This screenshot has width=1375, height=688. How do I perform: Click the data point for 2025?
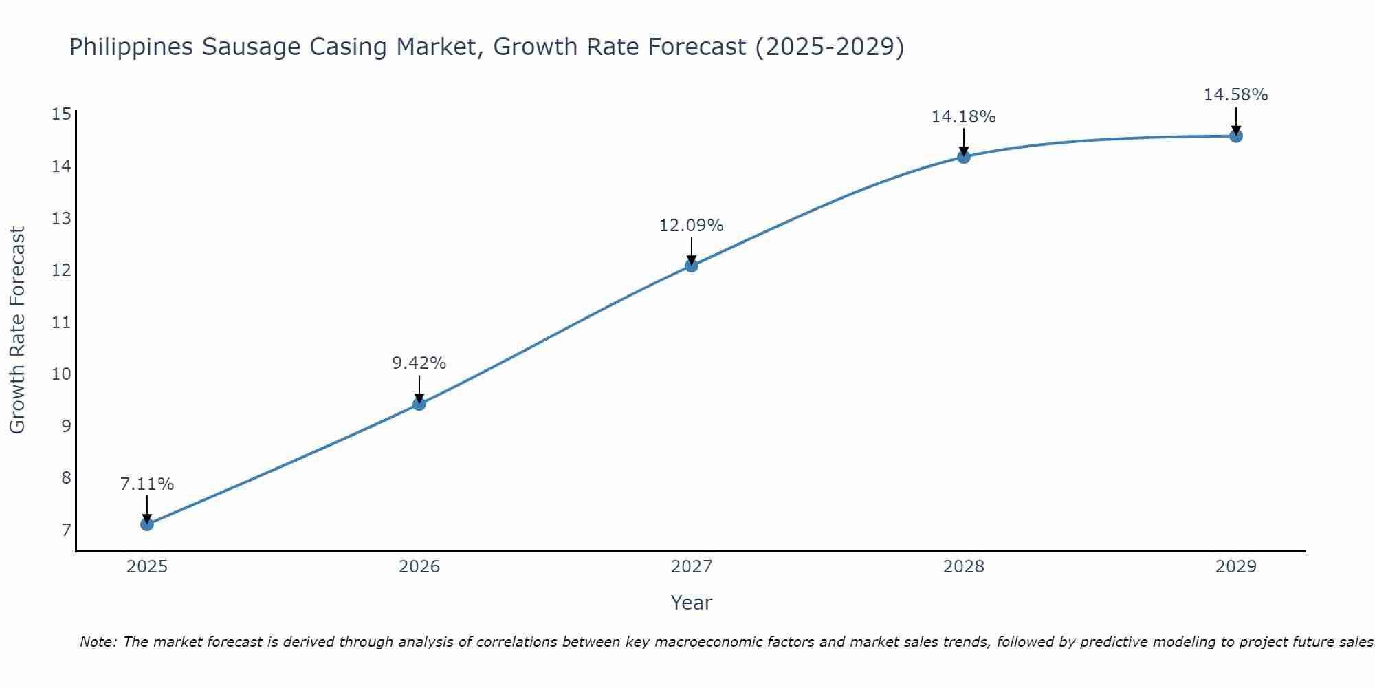coord(147,524)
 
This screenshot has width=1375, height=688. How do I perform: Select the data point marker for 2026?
coord(419,404)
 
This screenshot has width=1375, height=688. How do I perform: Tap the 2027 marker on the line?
coord(692,266)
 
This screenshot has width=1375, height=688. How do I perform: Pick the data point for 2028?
coord(964,157)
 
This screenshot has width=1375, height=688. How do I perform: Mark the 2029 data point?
coord(1236,136)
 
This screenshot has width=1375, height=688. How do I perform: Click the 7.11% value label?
coord(147,484)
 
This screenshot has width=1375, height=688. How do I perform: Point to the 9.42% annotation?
coord(419,363)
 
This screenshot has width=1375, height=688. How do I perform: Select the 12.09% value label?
coord(692,226)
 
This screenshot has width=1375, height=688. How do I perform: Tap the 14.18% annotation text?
coord(964,117)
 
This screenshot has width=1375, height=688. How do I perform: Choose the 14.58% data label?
coord(1236,95)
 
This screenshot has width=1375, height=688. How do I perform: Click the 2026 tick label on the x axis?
coord(419,567)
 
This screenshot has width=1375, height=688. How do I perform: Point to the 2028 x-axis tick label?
coord(964,567)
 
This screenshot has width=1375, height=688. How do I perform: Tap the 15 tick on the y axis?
coord(61,114)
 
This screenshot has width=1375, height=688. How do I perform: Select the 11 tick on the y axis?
coord(61,322)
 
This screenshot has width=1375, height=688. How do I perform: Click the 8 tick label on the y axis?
coord(66,477)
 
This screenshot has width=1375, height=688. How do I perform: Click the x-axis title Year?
coord(692,603)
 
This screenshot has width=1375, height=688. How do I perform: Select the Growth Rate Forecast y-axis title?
coord(18,330)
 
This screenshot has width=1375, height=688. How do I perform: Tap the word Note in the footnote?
coord(98,642)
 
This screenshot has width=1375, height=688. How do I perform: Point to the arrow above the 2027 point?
coord(692,250)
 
